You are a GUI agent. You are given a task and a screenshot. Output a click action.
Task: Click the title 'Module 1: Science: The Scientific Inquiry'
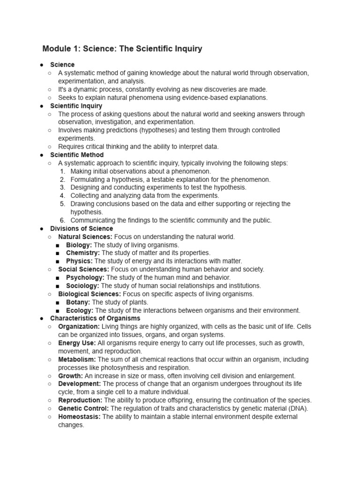[122, 49]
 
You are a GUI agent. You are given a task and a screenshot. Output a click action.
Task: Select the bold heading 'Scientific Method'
[77, 155]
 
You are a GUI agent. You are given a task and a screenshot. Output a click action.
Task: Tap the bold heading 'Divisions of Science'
[82, 228]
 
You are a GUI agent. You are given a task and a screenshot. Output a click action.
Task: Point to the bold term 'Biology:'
[79, 245]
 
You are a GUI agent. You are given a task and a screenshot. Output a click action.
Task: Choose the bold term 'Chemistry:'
[83, 253]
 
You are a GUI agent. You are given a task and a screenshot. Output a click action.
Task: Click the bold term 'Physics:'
[79, 261]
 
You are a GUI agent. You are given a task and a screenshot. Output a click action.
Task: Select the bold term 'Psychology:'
[85, 277]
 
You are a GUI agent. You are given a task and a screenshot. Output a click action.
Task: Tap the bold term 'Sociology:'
[82, 285]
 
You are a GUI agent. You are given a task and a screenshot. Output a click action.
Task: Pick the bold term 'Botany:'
[78, 302]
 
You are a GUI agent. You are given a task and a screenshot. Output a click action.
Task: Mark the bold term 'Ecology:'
[80, 310]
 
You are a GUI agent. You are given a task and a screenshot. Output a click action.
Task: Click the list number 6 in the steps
[62, 220]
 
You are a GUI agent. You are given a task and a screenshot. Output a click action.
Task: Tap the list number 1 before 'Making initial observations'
[62, 171]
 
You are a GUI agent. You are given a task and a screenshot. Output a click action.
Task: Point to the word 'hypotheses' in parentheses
[142, 130]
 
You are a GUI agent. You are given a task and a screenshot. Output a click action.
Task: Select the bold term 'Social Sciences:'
[83, 269]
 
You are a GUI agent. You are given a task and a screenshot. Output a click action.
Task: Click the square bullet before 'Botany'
[57, 302]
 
